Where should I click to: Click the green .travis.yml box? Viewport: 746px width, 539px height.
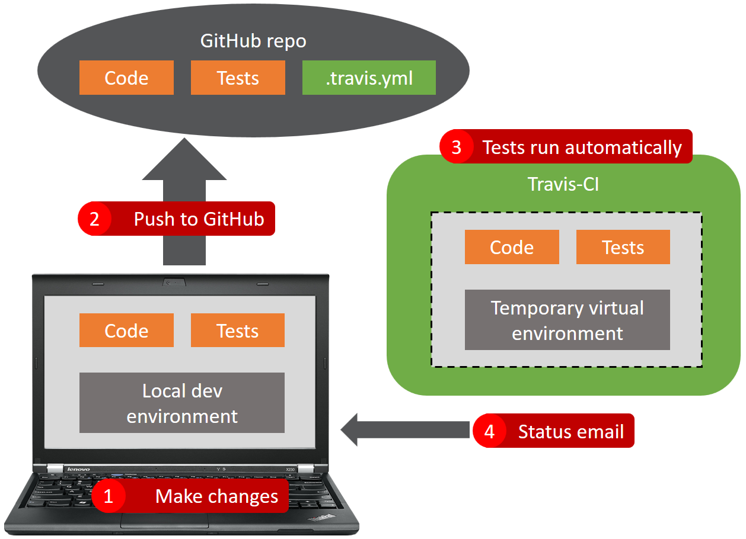click(369, 78)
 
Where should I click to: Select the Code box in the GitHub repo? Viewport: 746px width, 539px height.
click(126, 78)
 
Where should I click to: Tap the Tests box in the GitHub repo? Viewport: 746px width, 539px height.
click(238, 78)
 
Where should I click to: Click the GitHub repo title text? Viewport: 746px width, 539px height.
click(253, 41)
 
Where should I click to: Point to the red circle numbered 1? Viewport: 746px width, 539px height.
click(108, 496)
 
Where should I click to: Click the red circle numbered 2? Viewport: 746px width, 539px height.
click(94, 219)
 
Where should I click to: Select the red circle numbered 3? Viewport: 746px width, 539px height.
click(456, 146)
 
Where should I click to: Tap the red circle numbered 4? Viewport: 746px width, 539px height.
click(489, 431)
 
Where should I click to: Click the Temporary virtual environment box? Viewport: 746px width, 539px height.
click(567, 320)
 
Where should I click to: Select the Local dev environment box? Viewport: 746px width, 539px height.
click(182, 403)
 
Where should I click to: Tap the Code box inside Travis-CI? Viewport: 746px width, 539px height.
click(512, 247)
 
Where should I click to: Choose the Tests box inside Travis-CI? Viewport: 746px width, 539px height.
click(623, 247)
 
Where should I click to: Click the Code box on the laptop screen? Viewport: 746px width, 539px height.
click(126, 331)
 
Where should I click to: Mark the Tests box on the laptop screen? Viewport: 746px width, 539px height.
click(237, 331)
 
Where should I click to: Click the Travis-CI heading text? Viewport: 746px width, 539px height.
click(563, 184)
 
